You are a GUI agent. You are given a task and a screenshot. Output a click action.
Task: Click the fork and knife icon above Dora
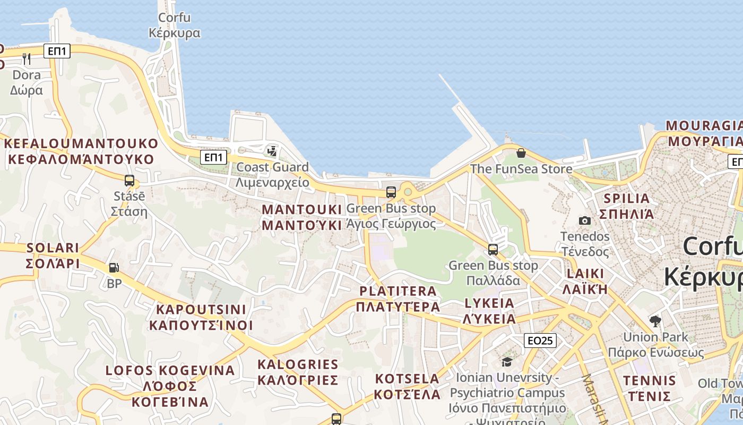coord(27,58)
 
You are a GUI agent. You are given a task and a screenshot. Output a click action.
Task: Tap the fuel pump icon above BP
coord(114,268)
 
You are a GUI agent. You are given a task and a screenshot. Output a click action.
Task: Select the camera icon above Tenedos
coord(585,220)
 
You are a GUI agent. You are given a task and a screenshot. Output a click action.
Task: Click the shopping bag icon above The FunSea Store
coord(521,153)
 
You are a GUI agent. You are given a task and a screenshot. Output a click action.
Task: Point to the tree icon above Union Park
coord(655,321)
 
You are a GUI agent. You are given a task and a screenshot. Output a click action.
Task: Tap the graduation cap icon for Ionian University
coord(507,362)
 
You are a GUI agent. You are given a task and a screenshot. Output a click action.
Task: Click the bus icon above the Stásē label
coord(129,181)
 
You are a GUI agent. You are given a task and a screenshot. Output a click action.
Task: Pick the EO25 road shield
coord(540,341)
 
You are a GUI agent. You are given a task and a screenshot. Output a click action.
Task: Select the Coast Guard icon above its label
coord(272,151)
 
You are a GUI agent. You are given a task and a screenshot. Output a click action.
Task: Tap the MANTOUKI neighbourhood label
coord(301,217)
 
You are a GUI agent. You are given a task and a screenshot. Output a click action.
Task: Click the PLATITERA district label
coord(398,299)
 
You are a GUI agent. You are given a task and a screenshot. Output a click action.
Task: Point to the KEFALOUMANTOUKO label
coord(81,151)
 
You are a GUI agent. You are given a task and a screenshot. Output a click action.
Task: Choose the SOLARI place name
coord(53,256)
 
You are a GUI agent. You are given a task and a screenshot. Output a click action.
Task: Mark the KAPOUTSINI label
coord(201,317)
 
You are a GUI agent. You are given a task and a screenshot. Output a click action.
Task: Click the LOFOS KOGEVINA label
coord(170,386)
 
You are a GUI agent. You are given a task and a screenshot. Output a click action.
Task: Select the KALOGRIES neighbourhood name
coord(298,372)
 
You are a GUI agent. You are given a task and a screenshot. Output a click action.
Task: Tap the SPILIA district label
coord(627,206)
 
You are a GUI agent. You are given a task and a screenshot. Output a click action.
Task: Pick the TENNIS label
coord(650,388)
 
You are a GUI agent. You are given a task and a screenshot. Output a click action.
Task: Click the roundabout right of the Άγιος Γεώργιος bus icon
coord(408,191)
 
